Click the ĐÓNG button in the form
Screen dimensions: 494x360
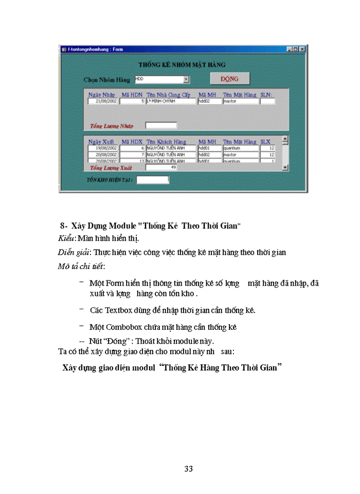(229, 79)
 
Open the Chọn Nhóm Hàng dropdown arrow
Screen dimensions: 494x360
(186, 79)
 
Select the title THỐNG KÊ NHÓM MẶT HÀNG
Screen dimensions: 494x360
(182, 65)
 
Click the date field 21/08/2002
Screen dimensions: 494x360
(103, 101)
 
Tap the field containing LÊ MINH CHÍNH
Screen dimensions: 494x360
(171, 101)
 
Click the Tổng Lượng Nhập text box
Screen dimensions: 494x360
(161, 126)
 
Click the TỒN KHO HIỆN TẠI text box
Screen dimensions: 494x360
(152, 180)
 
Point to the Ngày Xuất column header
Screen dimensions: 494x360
(101, 142)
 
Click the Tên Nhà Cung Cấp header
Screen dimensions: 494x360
(168, 95)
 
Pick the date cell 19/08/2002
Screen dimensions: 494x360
(103, 148)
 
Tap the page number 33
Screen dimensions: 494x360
(188, 469)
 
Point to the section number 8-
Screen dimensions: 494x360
(64, 225)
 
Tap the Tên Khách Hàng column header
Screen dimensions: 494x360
(166, 142)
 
